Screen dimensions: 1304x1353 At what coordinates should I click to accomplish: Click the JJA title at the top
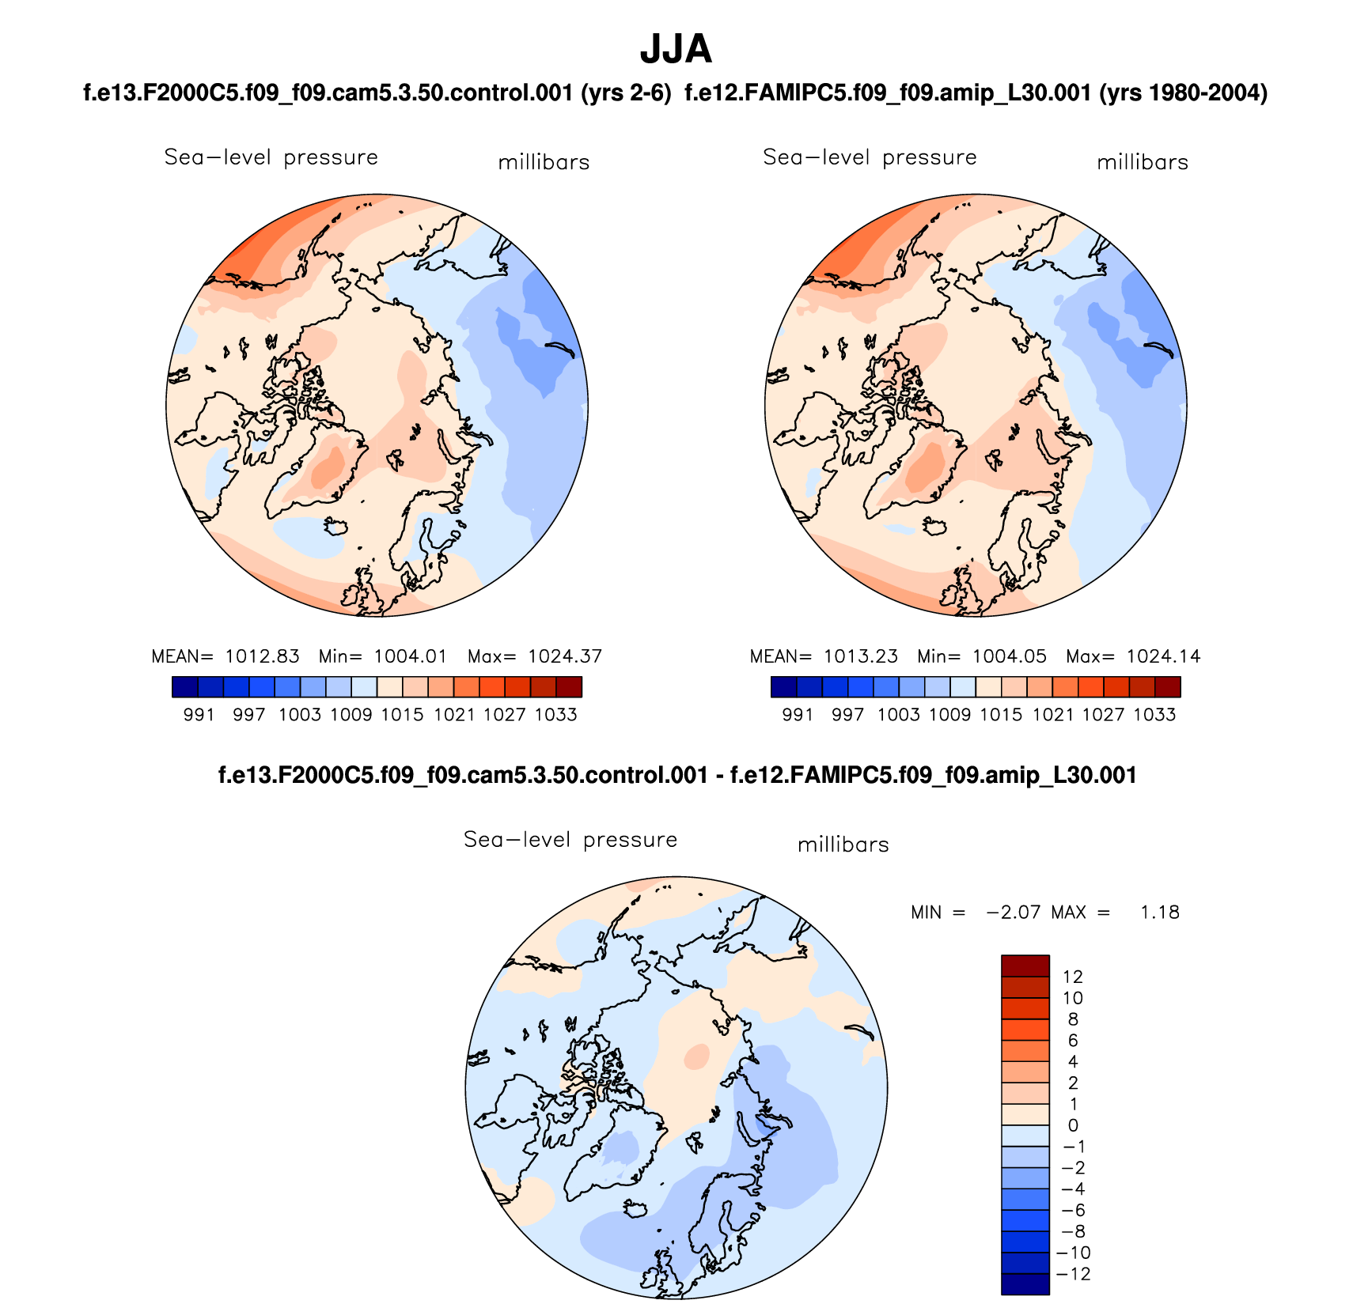click(676, 50)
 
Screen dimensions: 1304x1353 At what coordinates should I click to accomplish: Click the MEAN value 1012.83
click(262, 656)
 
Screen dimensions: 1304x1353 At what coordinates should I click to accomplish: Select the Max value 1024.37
click(565, 656)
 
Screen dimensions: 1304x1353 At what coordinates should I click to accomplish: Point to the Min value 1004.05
click(1009, 656)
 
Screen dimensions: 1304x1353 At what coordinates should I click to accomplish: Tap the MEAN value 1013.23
click(861, 656)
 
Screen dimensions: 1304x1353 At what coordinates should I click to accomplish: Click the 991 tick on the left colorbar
click(199, 715)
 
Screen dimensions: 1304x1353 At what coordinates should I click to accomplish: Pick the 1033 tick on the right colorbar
click(1154, 715)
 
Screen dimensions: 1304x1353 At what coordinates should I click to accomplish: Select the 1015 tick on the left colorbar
click(402, 715)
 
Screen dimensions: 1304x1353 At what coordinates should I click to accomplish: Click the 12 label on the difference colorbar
click(1073, 977)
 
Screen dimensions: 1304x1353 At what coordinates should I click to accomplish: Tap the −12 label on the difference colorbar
click(1073, 1274)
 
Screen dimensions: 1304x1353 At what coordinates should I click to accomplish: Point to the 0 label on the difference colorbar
click(1073, 1125)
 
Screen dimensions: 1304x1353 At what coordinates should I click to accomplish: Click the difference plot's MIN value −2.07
click(1014, 913)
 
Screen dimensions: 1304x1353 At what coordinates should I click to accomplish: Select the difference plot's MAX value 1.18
click(1159, 913)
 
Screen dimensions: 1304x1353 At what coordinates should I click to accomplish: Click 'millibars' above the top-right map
click(1143, 163)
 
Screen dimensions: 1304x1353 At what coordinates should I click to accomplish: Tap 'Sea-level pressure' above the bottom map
click(570, 840)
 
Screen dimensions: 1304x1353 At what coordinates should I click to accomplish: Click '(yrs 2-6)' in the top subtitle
click(626, 93)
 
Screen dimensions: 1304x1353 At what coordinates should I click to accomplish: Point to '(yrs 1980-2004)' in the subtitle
click(1184, 93)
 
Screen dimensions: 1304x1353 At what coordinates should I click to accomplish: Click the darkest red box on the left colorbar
click(569, 687)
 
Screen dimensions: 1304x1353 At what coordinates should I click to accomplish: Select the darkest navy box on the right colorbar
click(783, 687)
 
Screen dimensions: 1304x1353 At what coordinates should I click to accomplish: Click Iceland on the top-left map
click(337, 526)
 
